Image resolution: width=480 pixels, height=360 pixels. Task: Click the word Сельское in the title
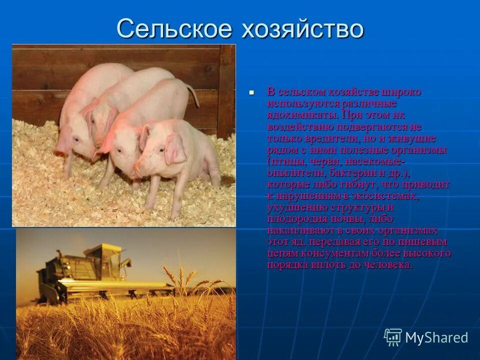174,29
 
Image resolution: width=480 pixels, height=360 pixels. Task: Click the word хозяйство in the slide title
302,29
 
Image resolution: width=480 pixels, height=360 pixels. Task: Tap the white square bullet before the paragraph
252,92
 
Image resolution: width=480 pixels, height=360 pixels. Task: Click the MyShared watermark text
436,337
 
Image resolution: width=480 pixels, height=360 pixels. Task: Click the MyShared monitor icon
393,337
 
